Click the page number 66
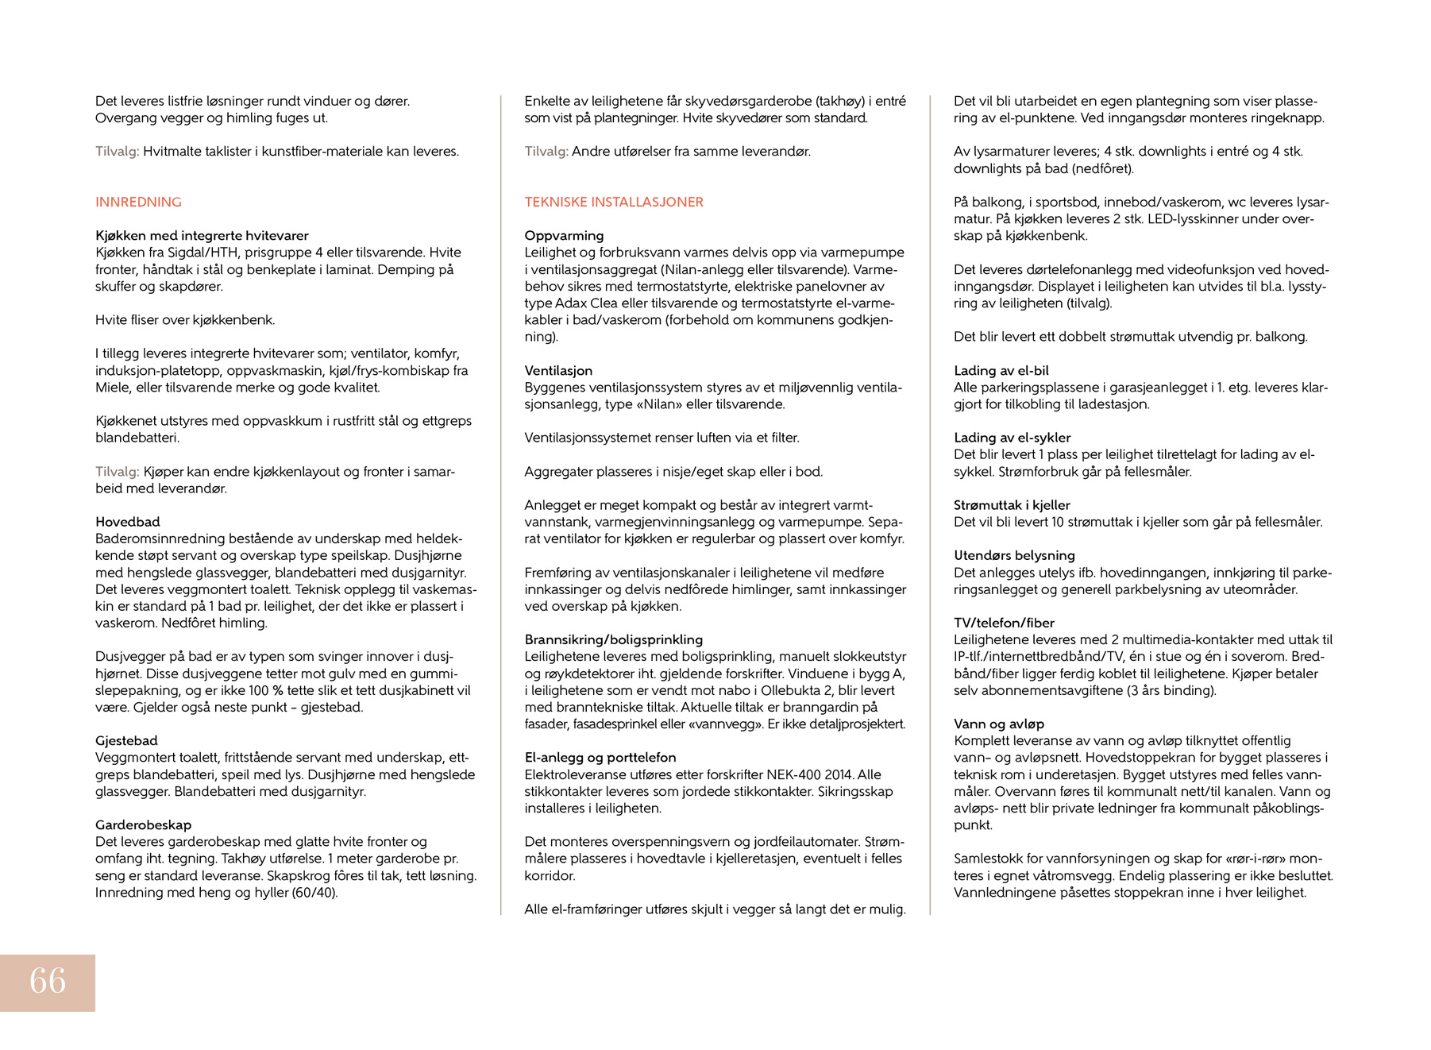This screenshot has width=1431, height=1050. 48,981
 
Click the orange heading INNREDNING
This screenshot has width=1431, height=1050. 138,202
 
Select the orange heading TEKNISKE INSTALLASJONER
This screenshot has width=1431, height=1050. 614,202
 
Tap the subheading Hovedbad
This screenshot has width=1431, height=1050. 128,522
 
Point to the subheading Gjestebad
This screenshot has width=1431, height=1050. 126,741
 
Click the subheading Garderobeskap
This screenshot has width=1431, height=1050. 143,825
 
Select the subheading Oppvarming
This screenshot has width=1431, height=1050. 564,236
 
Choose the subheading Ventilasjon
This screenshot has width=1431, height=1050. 558,371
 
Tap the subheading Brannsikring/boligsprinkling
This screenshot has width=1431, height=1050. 613,639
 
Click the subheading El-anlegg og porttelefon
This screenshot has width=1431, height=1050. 600,758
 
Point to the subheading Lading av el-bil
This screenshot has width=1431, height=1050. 1001,371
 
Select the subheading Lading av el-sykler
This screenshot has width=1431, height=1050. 1012,438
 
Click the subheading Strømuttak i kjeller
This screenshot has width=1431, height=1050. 1012,505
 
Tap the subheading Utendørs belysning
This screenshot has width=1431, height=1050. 1014,556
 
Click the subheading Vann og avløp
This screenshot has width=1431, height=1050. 998,724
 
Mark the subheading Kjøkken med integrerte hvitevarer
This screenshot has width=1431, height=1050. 202,236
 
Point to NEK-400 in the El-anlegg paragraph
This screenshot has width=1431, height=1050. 795,775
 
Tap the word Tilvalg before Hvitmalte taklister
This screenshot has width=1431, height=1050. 117,152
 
